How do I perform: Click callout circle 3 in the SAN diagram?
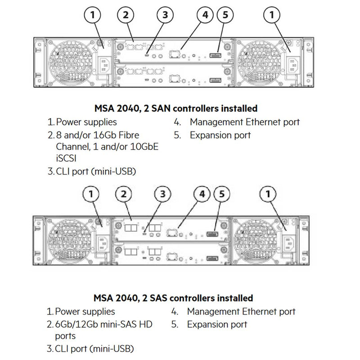point(165,15)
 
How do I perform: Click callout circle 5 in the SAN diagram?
point(225,15)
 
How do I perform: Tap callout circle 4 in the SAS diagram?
point(202,194)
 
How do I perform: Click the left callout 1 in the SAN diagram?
point(93,15)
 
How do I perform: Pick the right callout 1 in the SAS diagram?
point(268,194)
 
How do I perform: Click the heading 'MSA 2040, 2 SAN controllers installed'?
point(176,108)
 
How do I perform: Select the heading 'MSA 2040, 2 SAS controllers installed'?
point(174,298)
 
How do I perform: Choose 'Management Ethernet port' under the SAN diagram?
point(244,122)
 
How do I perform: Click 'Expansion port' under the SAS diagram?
point(217,324)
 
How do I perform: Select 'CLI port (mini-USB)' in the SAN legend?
point(96,171)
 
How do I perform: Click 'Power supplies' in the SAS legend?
point(85,311)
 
